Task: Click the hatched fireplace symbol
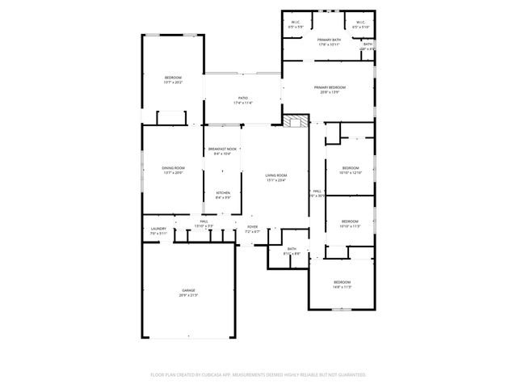pos(292,121)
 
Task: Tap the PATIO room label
pos(243,98)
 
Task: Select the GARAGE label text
pos(188,290)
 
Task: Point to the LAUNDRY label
pos(158,229)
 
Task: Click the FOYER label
pos(252,227)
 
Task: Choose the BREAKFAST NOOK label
pos(222,149)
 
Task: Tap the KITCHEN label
pos(222,192)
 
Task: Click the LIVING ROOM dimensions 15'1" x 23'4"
pos(276,180)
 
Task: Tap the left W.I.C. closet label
pos(296,23)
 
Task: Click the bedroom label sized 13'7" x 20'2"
pos(174,77)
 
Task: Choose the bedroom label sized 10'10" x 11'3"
pos(349,221)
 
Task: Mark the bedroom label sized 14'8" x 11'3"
pos(342,282)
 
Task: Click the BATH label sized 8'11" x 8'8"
pos(292,249)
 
